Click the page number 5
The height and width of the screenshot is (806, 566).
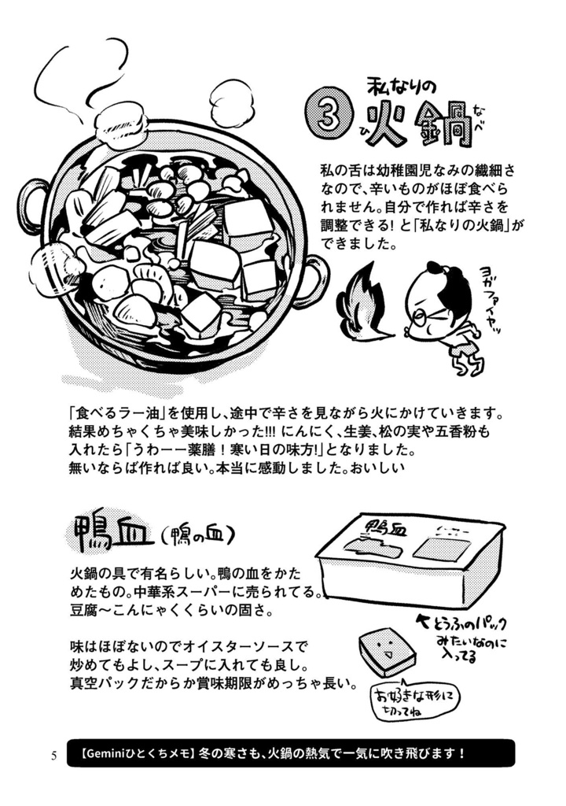53,756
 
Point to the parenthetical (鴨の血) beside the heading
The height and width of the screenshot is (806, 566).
197,536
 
